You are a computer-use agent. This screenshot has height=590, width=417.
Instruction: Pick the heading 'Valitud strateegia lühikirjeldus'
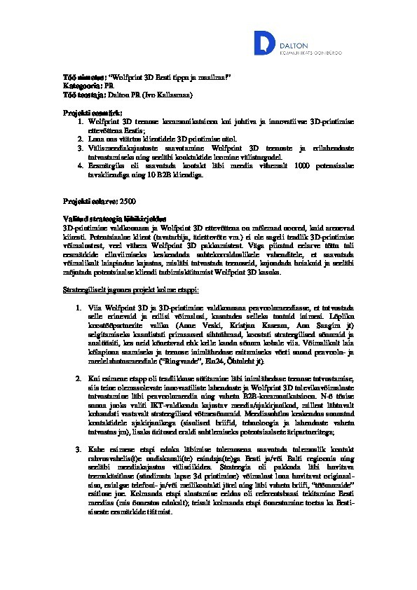tap(111, 219)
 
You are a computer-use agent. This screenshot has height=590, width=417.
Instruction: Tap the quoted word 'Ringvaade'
tap(183, 361)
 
